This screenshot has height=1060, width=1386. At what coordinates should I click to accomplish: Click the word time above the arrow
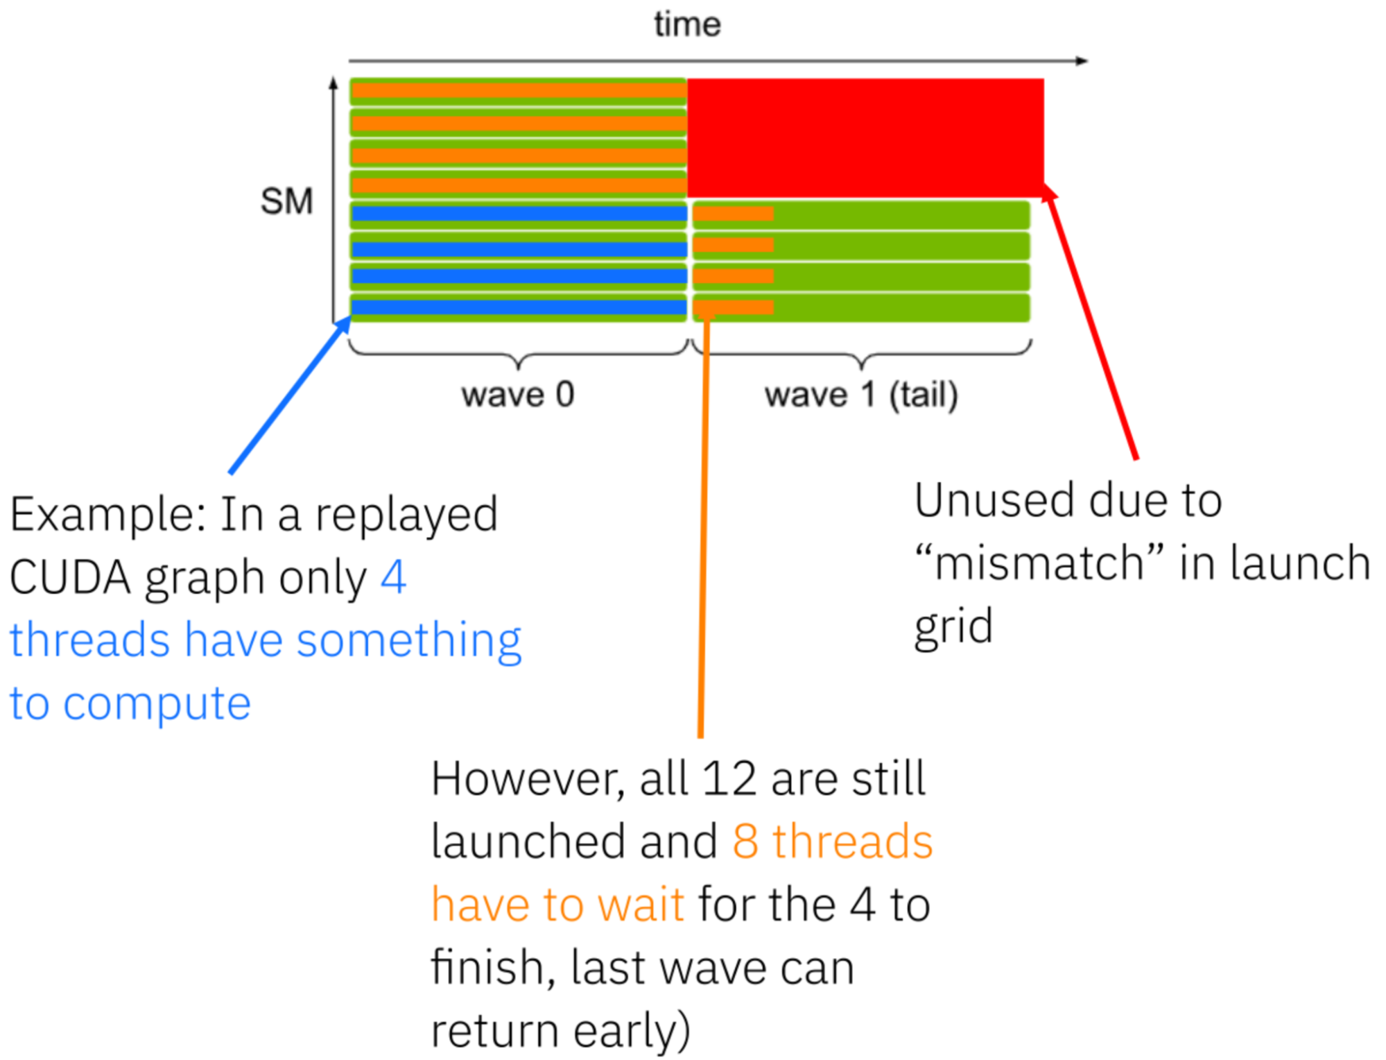pos(687,24)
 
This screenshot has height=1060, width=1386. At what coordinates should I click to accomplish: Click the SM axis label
pos(286,201)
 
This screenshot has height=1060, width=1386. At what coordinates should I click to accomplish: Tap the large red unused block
pos(865,137)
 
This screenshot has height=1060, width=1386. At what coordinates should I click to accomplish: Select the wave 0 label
pos(518,395)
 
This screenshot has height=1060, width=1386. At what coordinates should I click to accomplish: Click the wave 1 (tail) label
pos(861,395)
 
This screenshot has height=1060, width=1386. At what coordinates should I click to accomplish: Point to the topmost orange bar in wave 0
pos(518,90)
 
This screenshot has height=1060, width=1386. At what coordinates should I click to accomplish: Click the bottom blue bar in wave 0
pos(518,307)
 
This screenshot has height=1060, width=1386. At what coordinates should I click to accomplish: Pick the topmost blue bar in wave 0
pos(518,214)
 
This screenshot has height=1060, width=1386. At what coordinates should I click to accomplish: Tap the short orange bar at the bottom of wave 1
pos(733,307)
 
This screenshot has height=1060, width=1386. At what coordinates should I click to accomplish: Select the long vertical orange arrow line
pos(704,527)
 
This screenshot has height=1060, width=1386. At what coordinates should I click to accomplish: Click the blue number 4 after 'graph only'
pos(393,577)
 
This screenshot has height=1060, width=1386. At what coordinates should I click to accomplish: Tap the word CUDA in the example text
pos(70,577)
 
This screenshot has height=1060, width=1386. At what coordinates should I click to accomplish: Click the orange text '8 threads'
pos(832,841)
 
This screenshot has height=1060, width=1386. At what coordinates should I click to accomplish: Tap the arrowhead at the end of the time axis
pos(1082,61)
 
